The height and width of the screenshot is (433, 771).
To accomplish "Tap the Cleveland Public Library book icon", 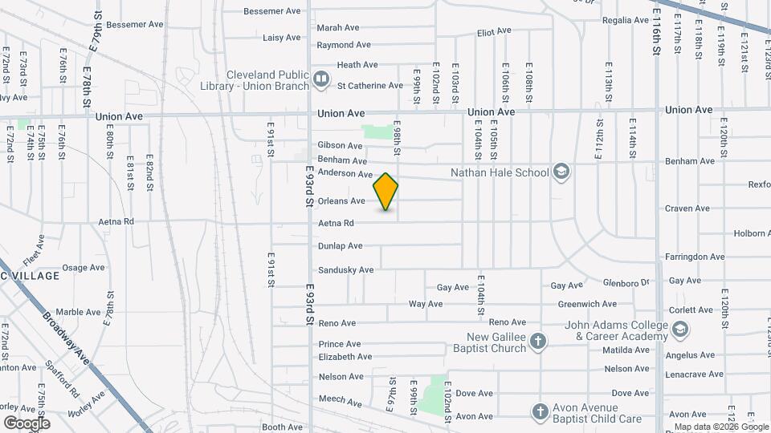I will pyautogui.click(x=321, y=79).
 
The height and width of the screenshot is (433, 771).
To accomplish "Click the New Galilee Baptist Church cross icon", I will pyautogui.click(x=539, y=342).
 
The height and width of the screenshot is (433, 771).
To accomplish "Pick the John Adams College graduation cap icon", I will pyautogui.click(x=680, y=330).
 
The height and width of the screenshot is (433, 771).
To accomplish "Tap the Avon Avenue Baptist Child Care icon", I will pyautogui.click(x=539, y=412).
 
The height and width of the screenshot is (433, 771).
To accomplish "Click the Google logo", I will pyautogui.click(x=27, y=423).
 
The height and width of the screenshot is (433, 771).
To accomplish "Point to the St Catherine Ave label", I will pyautogui.click(x=369, y=85).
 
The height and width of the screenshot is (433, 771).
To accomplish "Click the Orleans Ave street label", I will pyautogui.click(x=341, y=201).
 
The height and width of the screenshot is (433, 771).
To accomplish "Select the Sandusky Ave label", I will pyautogui.click(x=345, y=270).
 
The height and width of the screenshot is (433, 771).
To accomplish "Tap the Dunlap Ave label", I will pyautogui.click(x=340, y=246).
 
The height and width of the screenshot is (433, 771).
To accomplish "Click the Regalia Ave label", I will pyautogui.click(x=625, y=20).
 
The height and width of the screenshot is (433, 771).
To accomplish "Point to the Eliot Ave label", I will pyautogui.click(x=494, y=31).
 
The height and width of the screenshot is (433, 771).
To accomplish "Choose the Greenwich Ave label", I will pyautogui.click(x=587, y=304).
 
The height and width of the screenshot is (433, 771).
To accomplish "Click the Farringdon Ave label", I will pyautogui.click(x=694, y=257).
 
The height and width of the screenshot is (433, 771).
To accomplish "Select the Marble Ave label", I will pyautogui.click(x=78, y=312).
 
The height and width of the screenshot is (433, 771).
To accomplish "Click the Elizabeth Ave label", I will pyautogui.click(x=345, y=357).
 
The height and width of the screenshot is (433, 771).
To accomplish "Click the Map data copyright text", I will pyautogui.click(x=720, y=427).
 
